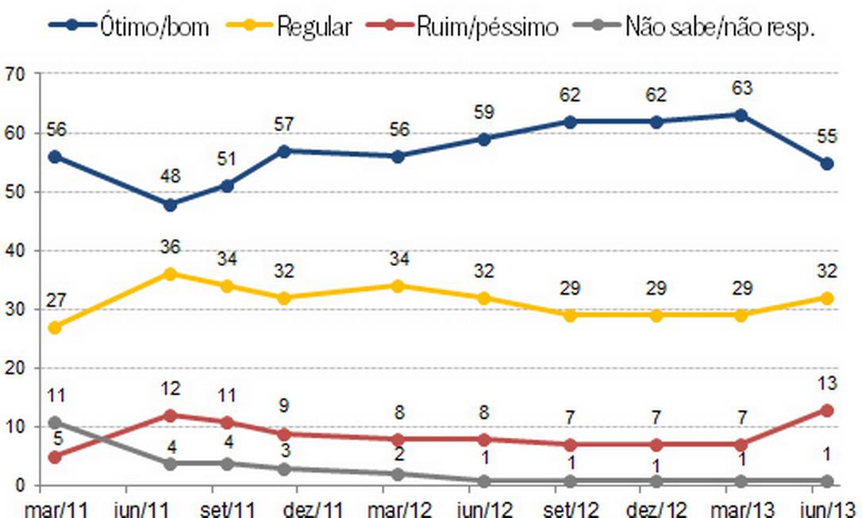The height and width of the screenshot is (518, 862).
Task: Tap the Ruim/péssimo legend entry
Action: click(464, 26)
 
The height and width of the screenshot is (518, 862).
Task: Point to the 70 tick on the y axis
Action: click(15, 74)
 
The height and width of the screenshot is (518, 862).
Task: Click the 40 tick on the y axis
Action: click(15, 250)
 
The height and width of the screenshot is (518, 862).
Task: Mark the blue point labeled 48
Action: click(169, 204)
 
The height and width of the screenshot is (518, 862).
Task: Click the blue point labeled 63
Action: click(741, 115)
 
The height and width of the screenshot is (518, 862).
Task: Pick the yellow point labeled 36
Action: click(169, 274)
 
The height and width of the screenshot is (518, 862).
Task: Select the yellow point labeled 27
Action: click(55, 327)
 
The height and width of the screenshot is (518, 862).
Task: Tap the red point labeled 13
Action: click(826, 410)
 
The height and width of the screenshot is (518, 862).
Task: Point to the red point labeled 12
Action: click(169, 416)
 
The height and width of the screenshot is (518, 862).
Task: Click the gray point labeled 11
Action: click(55, 422)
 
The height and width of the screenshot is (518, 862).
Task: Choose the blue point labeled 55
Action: click(826, 163)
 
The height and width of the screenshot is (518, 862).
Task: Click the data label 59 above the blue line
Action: click(483, 112)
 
